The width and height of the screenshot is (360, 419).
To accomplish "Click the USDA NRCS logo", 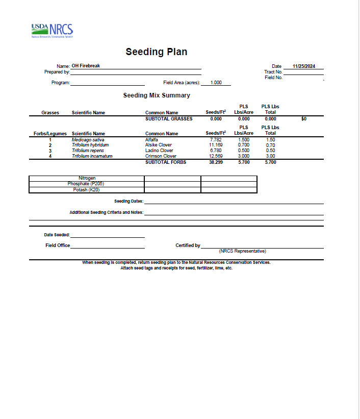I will point(52,31).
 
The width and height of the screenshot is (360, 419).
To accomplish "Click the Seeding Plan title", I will point(157,52).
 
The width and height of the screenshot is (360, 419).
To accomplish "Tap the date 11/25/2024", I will point(304,66).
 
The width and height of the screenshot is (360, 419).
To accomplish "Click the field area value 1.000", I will point(216,82).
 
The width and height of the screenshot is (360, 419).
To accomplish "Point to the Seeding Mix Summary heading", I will point(157,95).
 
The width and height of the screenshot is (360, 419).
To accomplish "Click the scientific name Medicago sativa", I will point(88,139).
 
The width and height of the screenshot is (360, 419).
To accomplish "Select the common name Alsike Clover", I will point(159,145).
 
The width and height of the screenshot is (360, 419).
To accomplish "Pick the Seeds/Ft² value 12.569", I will point(216,156).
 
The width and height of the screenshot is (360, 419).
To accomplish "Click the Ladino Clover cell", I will point(159,151).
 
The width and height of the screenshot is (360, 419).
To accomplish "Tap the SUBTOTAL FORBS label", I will point(166,162).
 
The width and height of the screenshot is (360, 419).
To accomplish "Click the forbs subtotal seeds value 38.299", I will point(216,162).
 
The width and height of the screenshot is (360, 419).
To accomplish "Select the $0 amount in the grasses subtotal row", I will point(304,118).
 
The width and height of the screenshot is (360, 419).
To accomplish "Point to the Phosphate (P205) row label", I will point(87,184).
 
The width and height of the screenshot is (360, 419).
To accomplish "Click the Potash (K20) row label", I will point(87,190).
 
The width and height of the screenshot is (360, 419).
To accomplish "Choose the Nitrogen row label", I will point(87,178).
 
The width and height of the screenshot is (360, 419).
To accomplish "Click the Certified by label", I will point(188,245).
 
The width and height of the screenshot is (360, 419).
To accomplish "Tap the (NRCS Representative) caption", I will point(242,251).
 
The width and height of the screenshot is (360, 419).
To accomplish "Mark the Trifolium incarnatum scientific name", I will point(92,156).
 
